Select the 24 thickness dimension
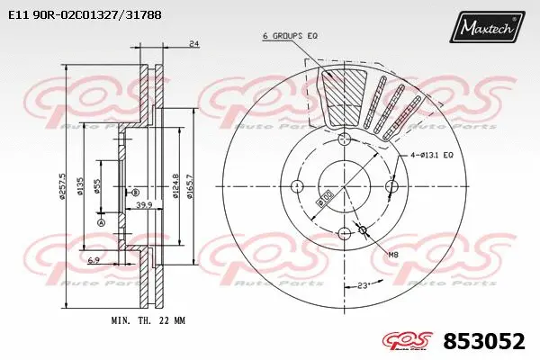click(193, 44)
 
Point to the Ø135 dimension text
click(81, 186)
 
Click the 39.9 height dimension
click(142, 205)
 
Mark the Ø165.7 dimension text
click(191, 186)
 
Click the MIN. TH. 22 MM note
click(148, 321)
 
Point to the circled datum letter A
click(101, 223)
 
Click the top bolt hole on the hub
click(343, 139)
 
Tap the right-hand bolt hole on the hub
click(391, 186)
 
